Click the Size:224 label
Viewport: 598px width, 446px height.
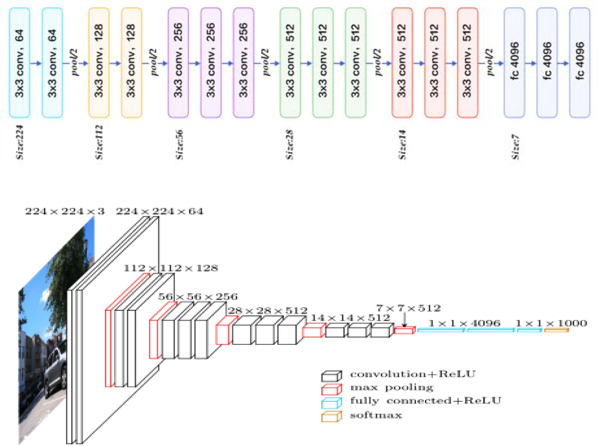pos(20,142)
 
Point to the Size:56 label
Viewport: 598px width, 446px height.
pos(179,144)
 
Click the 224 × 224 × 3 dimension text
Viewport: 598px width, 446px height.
pos(65,211)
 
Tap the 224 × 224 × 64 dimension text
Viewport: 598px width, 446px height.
pos(160,211)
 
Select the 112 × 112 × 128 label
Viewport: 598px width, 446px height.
pos(170,268)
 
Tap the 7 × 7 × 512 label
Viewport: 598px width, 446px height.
pos(408,308)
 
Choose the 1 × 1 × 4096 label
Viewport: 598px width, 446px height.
pos(464,323)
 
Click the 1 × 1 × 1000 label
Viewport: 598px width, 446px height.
pos(551,323)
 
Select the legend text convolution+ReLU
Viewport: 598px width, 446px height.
pos(413,374)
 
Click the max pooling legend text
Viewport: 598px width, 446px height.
pos(392,388)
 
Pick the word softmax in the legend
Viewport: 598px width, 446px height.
pos(376,415)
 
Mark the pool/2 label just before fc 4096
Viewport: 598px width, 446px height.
pos(490,62)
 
